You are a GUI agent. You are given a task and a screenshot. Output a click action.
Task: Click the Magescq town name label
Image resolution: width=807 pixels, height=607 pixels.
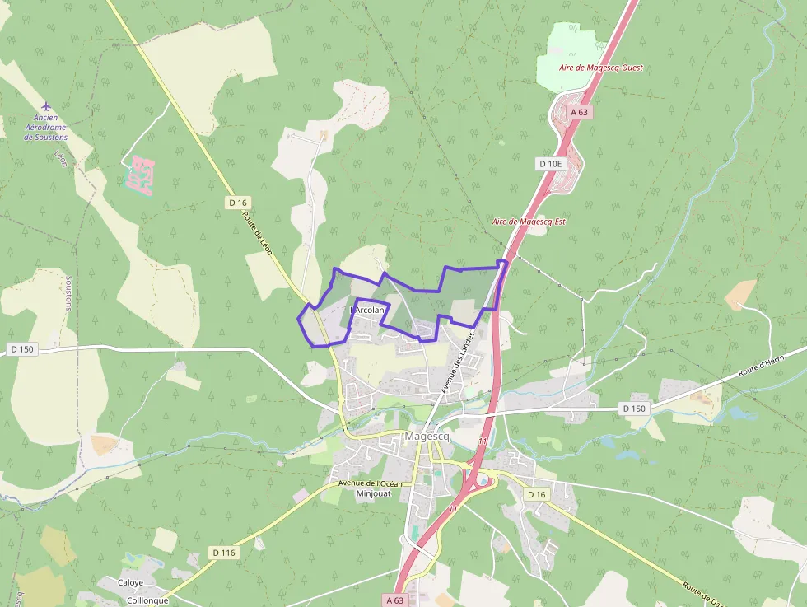[427, 437]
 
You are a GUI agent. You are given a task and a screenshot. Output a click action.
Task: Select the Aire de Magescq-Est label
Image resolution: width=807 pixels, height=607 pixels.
[529, 222]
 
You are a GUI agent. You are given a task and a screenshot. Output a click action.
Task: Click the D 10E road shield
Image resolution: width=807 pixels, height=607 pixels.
[551, 163]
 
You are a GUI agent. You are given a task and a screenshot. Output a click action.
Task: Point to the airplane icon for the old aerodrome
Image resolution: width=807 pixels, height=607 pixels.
[46, 106]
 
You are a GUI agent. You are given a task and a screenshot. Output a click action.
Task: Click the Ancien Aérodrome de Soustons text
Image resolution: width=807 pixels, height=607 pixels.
[46, 128]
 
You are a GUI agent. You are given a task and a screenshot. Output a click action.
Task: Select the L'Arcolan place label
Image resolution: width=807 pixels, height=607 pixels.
[368, 310]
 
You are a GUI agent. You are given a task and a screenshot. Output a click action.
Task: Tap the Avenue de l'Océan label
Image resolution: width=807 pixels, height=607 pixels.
[370, 483]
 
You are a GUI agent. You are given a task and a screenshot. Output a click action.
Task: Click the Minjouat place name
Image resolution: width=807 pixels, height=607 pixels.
[372, 494]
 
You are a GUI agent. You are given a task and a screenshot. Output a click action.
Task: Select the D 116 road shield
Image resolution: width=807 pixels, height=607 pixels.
[223, 552]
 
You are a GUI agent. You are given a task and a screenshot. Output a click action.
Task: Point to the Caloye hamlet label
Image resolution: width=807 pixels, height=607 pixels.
[129, 582]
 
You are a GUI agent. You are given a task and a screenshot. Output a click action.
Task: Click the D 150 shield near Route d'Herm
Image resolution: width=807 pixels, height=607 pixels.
[634, 409]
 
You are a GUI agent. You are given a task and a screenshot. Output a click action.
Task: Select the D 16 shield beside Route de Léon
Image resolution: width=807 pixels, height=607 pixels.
[238, 203]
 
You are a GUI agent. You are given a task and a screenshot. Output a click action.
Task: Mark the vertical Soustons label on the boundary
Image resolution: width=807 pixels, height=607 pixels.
[68, 292]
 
